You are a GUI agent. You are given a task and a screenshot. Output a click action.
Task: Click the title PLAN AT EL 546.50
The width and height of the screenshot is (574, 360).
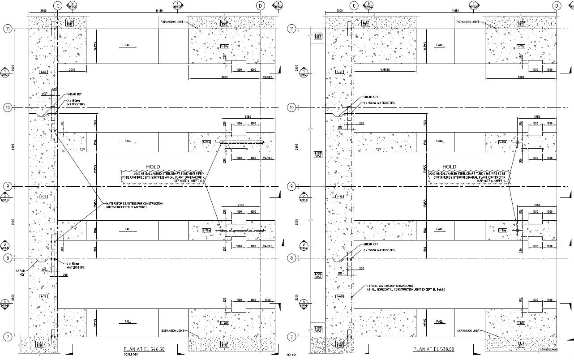pyautogui.click(x=144, y=349)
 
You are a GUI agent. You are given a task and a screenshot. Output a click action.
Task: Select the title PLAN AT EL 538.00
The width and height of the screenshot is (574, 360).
pyautogui.click(x=433, y=349)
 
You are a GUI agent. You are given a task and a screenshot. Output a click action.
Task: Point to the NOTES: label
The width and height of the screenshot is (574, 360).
pyautogui.click(x=291, y=355)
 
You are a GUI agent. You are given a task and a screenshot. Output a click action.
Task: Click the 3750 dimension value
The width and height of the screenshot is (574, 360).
pyautogui.click(x=248, y=117)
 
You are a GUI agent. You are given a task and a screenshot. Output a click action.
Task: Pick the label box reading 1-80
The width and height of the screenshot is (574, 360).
pyautogui.click(x=43, y=72)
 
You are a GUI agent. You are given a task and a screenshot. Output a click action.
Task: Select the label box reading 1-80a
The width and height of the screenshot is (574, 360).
pyautogui.click(x=225, y=46)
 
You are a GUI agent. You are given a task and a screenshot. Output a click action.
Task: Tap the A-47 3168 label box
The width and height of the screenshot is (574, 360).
pyautogui.click(x=41, y=344)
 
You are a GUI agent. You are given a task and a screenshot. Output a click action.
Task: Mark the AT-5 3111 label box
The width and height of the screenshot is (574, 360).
pyautogui.click(x=521, y=344)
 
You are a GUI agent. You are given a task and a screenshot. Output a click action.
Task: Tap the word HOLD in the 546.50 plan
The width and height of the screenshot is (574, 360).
pyautogui.click(x=153, y=167)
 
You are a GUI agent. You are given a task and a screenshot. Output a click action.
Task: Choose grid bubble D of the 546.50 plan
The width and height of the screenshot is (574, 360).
pyautogui.click(x=261, y=6)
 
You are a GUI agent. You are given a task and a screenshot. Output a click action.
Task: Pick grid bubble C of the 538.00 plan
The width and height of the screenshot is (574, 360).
pyautogui.click(x=354, y=6)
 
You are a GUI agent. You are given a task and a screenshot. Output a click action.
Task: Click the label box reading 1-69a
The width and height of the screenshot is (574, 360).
pyautogui.click(x=521, y=322)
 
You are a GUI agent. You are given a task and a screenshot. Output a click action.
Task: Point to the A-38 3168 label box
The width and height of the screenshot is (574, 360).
pyautogui.click(x=339, y=344)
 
